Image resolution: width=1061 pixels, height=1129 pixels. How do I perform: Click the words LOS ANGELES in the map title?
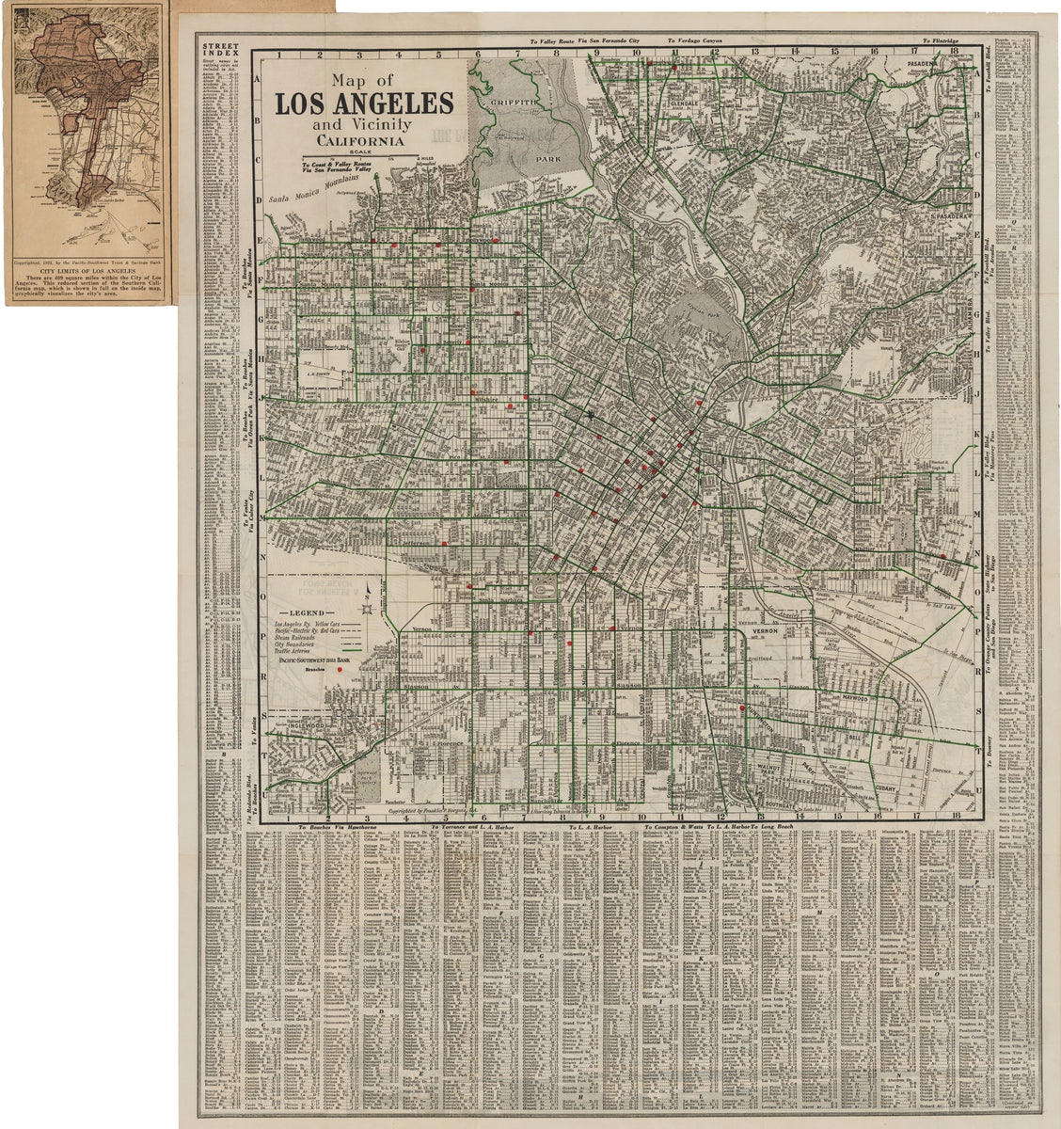tap(364, 103)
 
